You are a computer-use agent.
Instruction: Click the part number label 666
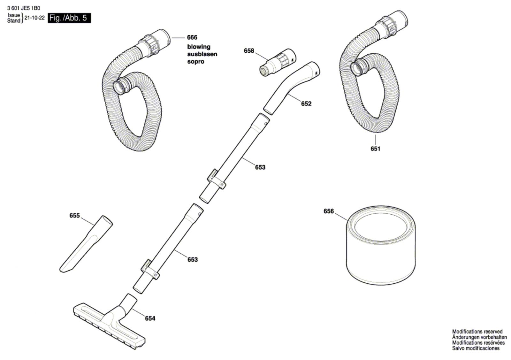[192, 38]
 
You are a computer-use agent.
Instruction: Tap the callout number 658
[249, 51]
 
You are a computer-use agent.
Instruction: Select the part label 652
[306, 103]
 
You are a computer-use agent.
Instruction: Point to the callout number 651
[375, 149]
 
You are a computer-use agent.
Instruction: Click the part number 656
[328, 211]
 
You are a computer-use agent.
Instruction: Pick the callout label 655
[74, 216]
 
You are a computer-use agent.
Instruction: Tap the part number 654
[150, 318]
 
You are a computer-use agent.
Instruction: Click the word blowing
[199, 47]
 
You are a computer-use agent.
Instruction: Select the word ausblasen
[202, 54]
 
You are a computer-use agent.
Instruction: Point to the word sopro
[195, 61]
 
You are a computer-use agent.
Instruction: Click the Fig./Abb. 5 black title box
[69, 18]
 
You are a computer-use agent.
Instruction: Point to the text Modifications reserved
[477, 332]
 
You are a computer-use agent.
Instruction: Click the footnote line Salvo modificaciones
[476, 348]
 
